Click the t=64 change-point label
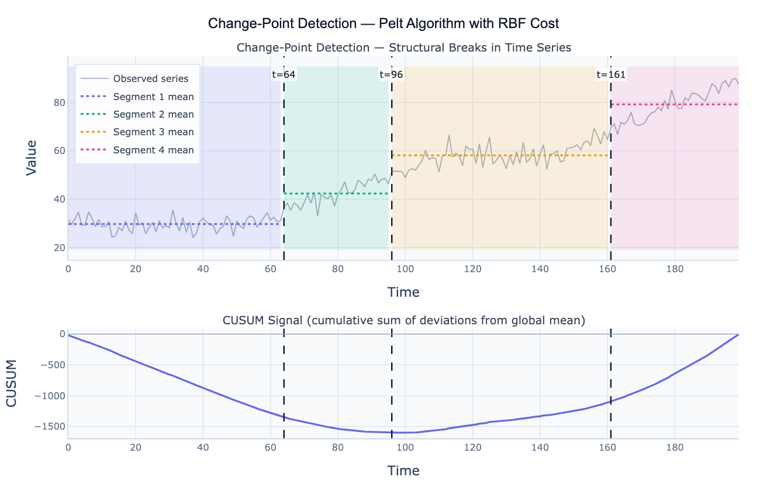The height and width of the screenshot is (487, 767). pos(284,74)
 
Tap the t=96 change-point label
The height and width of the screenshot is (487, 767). pos(392,74)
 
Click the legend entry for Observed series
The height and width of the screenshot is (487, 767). pos(151,78)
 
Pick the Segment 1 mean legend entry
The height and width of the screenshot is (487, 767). pos(153,97)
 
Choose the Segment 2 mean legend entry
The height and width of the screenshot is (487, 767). pos(153,115)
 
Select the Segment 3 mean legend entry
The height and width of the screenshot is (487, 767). pos(153,132)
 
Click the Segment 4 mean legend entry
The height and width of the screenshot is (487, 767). pos(153,150)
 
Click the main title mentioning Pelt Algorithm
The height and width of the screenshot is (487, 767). pos(383,23)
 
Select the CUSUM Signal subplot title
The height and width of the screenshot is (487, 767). pos(404,320)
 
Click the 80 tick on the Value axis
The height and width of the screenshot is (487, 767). pos(57,102)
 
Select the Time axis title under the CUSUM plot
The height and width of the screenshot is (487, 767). pos(403,470)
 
